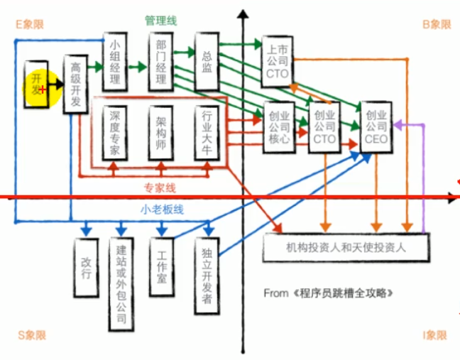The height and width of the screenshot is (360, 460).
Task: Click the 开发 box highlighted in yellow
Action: point(38,84)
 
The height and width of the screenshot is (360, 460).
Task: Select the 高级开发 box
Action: point(75,84)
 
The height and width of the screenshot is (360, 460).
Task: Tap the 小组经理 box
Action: point(115,62)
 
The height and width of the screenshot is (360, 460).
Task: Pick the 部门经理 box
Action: point(161,62)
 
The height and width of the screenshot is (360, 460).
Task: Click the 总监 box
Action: point(207,60)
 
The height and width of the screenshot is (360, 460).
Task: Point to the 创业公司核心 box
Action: point(276,125)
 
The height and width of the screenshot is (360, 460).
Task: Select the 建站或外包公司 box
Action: point(121,283)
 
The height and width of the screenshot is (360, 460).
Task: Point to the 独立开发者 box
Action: point(207,276)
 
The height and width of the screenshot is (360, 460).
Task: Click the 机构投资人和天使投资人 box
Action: point(345,247)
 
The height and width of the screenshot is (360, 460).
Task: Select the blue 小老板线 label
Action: point(162,209)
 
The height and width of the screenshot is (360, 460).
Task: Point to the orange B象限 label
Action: point(437,24)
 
